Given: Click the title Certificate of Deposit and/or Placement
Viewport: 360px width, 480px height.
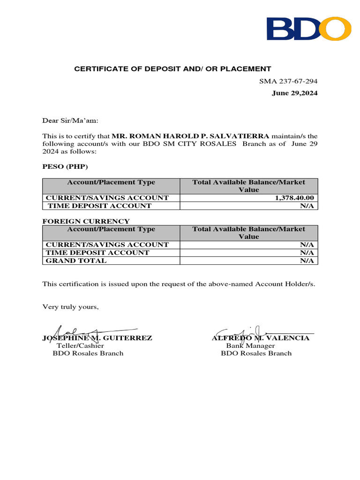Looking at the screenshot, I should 173,69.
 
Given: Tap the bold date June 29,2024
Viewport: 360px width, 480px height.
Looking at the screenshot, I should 294,93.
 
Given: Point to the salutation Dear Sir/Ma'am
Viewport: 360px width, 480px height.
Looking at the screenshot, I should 71,120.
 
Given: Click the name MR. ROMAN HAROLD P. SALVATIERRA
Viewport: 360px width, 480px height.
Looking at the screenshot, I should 190,136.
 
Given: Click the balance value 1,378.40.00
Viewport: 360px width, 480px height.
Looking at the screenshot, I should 294,198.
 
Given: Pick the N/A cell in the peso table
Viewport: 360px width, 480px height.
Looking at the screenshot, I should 307,206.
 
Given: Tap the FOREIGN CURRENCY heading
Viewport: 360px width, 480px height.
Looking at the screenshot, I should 86,221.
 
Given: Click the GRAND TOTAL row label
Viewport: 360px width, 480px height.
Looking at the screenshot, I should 76,261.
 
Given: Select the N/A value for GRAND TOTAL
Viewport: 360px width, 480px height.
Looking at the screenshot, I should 307,261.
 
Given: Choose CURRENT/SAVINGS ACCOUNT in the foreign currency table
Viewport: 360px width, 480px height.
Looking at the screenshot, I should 107,245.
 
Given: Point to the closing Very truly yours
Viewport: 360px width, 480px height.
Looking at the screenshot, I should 71,307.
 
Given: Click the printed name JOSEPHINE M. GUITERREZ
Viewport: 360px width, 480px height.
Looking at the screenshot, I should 97,338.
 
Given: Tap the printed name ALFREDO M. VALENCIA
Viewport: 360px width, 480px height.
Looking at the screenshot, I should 260,338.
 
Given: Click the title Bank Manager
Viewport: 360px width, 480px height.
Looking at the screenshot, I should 250,345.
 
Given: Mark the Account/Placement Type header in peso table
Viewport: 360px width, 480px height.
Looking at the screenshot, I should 111,182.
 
